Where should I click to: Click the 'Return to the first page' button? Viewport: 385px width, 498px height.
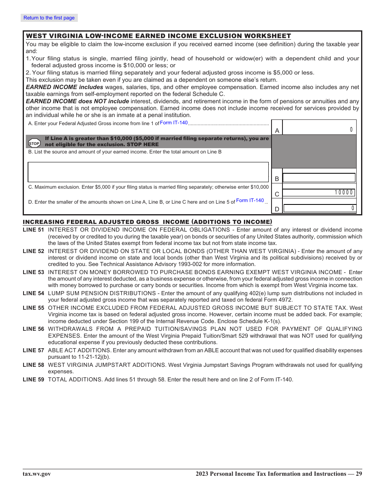(x=49, y=18)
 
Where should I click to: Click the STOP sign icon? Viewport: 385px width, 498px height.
(x=34, y=143)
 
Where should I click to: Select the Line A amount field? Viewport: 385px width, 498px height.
(x=319, y=130)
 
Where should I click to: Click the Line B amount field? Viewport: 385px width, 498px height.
(x=319, y=178)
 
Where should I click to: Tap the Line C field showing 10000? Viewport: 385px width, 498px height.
(x=319, y=193)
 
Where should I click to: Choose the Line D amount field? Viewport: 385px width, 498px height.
(x=319, y=209)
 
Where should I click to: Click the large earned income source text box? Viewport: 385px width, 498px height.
(x=148, y=172)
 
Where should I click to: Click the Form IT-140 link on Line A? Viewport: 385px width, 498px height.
(x=174, y=123)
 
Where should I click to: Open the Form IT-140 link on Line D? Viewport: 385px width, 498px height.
(x=250, y=200)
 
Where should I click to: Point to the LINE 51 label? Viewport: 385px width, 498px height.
(x=33, y=230)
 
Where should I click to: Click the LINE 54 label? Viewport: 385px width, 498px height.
(x=33, y=293)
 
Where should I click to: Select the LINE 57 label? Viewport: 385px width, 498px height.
(x=33, y=350)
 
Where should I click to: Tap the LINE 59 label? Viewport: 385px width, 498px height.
(x=33, y=379)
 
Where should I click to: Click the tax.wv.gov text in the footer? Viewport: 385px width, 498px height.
(x=37, y=474)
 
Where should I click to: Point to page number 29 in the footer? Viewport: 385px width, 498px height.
(x=359, y=474)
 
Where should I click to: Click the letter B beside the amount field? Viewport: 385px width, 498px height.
(x=277, y=179)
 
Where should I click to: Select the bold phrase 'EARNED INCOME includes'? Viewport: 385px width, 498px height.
(x=64, y=87)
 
